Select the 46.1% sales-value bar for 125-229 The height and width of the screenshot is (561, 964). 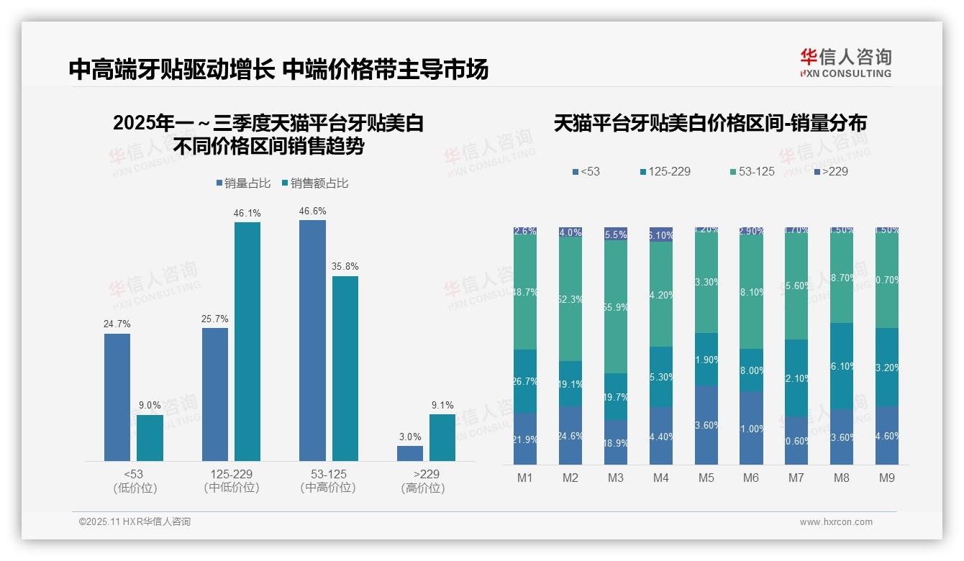point(247,342)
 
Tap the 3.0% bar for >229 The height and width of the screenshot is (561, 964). point(410,453)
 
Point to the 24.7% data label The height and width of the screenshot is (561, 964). point(117,324)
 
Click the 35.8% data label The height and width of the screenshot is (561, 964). point(345,267)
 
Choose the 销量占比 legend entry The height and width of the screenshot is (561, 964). point(243,183)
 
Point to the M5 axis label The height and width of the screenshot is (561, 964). point(706,478)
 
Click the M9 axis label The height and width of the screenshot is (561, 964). point(887,478)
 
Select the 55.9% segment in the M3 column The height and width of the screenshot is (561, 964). point(616,306)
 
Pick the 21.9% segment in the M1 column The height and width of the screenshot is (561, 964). point(525,438)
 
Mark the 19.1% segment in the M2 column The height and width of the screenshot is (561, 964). point(570,383)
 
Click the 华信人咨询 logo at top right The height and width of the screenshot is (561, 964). point(846,63)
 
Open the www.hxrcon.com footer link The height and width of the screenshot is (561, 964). point(836,522)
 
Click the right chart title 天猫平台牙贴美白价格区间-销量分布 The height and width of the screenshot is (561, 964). point(710,123)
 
